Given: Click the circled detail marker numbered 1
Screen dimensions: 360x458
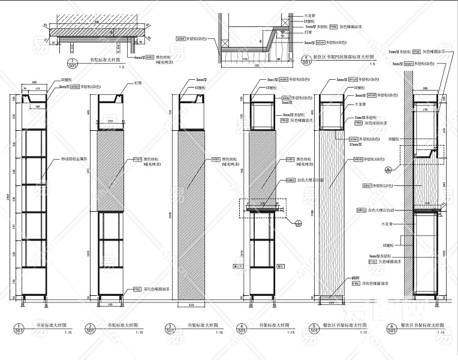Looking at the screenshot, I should coord(19,328).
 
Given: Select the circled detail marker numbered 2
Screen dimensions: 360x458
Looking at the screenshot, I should coord(90,328).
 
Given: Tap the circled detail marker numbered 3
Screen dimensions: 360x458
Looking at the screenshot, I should coord(170,328).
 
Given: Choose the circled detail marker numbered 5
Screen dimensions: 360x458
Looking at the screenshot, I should coord(314,328).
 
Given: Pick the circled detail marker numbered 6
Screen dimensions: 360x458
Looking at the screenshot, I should coord(391,328).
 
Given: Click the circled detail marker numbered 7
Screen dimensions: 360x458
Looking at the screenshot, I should coord(73,62).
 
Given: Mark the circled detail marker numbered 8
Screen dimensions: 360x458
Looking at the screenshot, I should coord(306,59).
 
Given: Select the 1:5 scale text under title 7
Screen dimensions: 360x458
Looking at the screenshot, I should coord(122,68).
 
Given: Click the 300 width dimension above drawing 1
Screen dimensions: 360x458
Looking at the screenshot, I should coord(34,82).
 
